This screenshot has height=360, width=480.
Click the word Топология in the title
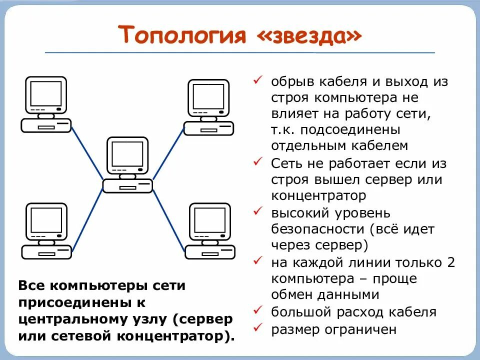pyautogui.click(x=182, y=35)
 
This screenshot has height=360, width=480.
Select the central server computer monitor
pyautogui.click(x=127, y=154)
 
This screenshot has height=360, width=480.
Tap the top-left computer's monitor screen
pyautogui.click(x=46, y=94)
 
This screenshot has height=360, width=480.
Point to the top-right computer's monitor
pyautogui.click(x=208, y=97)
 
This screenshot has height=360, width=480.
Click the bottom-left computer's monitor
pyautogui.click(x=46, y=220)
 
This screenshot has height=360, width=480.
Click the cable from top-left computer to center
pyautogui.click(x=87, y=152)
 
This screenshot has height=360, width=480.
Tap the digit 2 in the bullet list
pyautogui.click(x=450, y=262)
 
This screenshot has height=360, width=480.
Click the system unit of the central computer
pyautogui.click(x=127, y=186)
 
